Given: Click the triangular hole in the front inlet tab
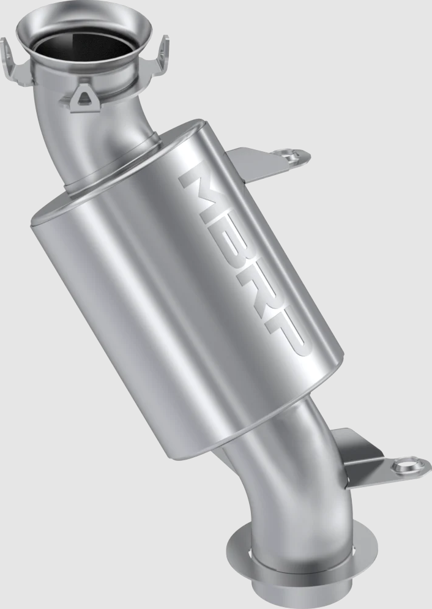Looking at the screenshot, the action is tap(84, 95).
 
